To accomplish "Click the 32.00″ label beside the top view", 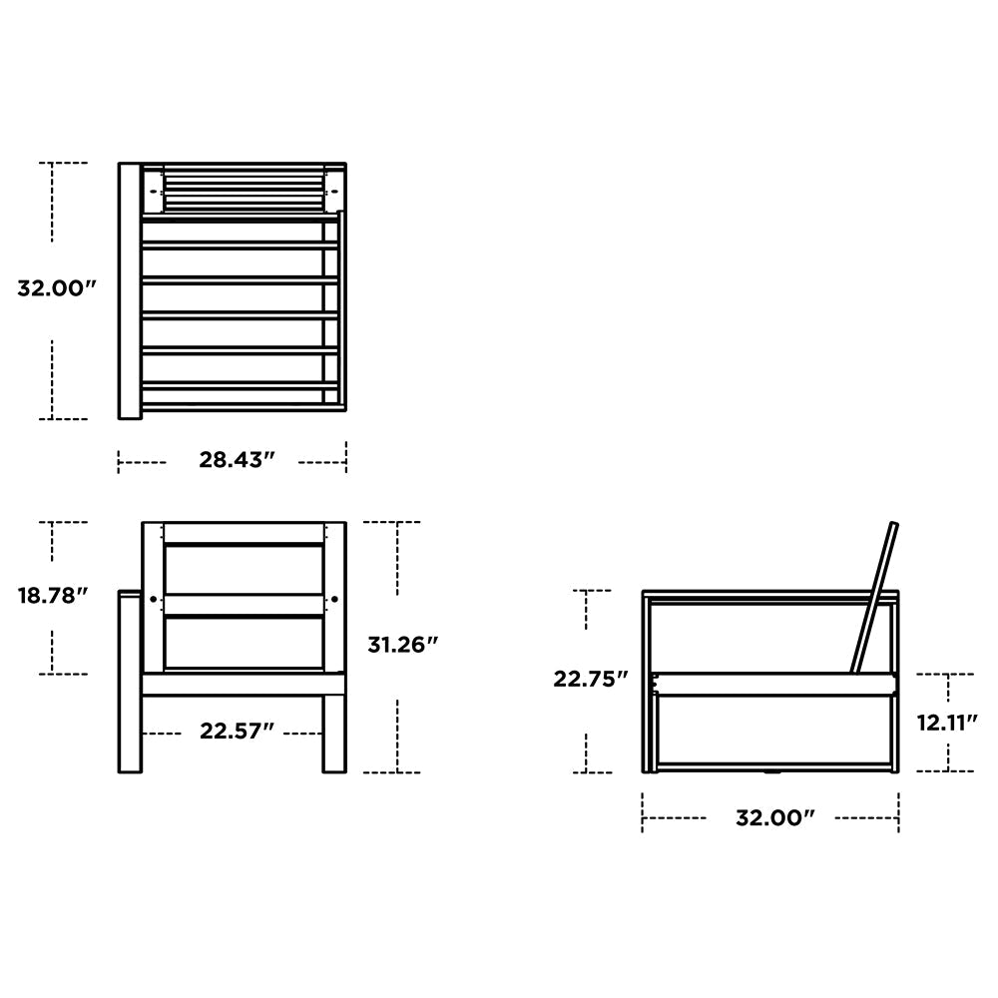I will (56, 289).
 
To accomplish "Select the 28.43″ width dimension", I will (237, 460).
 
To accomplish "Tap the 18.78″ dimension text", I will (53, 596).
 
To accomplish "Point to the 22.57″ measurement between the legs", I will (237, 732).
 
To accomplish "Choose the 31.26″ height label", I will (403, 645).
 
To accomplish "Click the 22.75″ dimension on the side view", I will (591, 679).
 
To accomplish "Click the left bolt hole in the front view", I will (153, 599).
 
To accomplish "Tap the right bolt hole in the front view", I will (334, 599).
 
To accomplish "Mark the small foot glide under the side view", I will (770, 771).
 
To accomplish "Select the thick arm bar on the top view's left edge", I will (129, 289).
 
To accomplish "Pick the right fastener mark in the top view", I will (333, 186).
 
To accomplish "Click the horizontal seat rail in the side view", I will (773, 684).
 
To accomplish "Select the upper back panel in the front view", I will (244, 569).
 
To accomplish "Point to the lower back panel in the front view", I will (244, 642).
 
